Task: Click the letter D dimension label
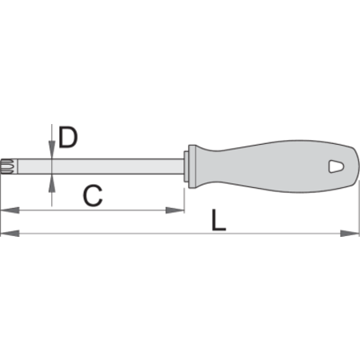[68, 138]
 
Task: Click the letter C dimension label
[93, 196]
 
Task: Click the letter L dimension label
[218, 220]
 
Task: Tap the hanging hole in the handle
[336, 166]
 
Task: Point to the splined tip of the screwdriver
[6, 166]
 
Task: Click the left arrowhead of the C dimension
[10, 210]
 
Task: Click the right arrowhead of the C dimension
[175, 210]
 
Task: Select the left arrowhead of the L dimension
[10, 234]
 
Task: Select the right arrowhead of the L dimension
[350, 234]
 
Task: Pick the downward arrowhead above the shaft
[52, 150]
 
